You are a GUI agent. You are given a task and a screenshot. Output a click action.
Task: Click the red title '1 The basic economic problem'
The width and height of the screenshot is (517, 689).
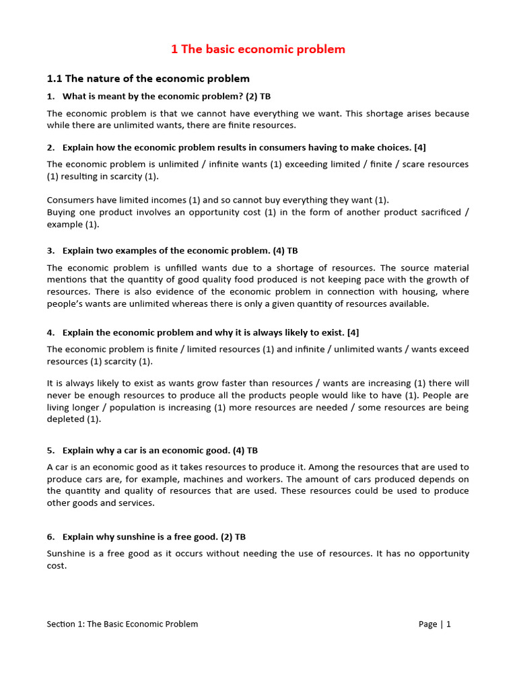point(258,49)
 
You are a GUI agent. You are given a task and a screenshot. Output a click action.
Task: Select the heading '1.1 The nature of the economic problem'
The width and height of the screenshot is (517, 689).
point(148,79)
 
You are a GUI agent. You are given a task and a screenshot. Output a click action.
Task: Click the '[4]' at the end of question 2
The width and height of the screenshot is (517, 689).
point(420,147)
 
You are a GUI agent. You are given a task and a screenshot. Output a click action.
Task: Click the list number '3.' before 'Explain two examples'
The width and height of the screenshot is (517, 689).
point(51,250)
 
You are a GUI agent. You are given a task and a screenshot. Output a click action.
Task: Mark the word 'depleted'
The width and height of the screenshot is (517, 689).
point(65,419)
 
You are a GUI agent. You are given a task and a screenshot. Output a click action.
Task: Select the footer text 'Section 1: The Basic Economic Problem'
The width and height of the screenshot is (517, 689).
point(123,624)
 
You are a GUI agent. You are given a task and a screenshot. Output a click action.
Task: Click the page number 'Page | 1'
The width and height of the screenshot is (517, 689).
point(434,624)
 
